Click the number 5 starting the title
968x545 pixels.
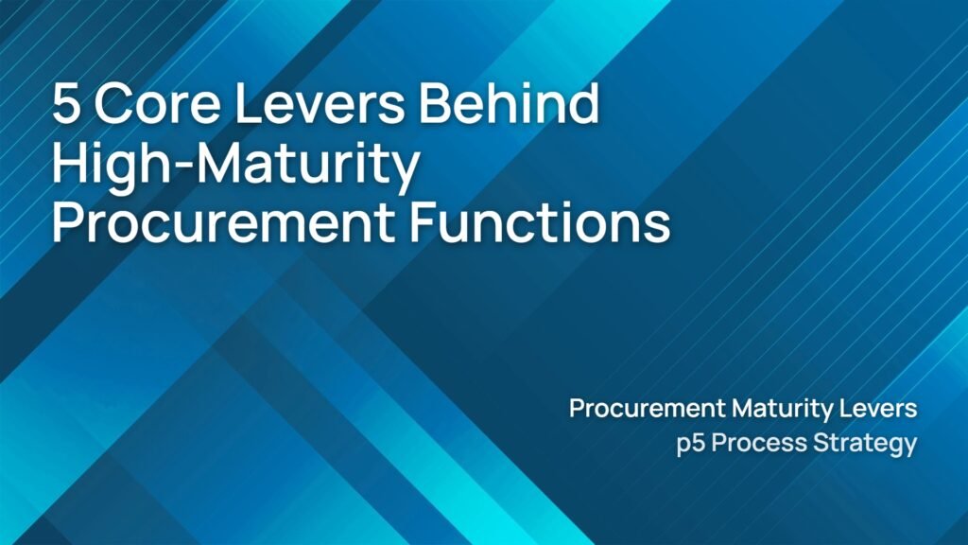[67, 103]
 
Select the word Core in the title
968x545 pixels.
[157, 103]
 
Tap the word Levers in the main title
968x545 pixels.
[320, 102]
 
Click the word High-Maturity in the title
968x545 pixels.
[235, 165]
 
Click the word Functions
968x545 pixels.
[540, 221]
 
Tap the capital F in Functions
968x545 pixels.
[423, 222]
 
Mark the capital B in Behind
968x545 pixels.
[435, 102]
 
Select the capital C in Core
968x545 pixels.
[112, 103]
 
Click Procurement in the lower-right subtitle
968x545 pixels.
[647, 409]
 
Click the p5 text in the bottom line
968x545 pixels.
[691, 445]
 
